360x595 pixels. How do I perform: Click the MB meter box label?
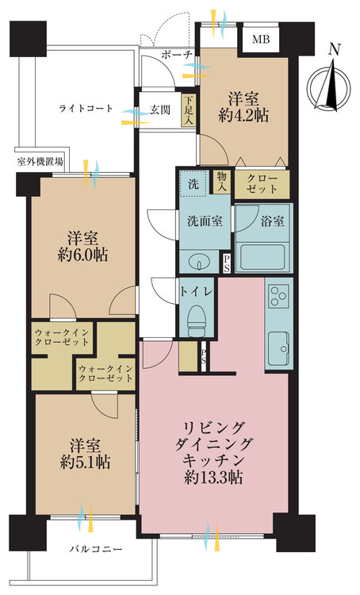point(261,39)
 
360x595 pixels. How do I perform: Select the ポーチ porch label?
point(177,55)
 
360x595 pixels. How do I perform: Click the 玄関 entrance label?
point(159,110)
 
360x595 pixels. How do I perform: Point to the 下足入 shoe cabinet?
point(189,110)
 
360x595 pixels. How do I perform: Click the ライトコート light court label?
point(86,108)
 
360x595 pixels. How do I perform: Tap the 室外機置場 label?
point(40,162)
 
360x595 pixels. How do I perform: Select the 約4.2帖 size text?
point(243,115)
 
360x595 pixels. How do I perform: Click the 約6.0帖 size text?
point(82,255)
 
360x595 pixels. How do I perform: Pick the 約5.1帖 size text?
point(85,463)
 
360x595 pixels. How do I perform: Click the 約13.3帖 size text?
point(213,477)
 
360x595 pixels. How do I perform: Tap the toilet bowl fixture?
point(196,321)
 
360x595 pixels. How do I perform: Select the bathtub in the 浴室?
point(263,257)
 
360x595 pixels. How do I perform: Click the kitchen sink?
point(279,348)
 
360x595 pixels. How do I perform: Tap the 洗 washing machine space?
point(193,184)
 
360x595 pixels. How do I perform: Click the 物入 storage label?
point(222,181)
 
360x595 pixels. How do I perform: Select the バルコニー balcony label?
point(96,549)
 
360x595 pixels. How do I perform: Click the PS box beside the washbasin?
point(227,263)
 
